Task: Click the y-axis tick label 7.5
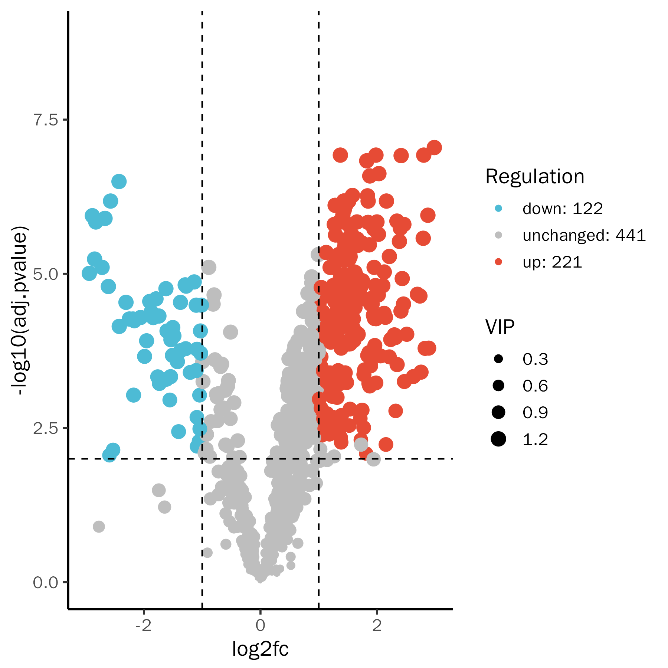46,120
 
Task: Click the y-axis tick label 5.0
46,274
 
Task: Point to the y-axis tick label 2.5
46,428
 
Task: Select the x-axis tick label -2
143,626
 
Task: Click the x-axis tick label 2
377,626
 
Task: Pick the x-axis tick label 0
260,626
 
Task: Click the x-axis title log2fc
260,649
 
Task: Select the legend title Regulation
535,176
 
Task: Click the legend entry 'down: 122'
563,209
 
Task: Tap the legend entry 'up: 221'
552,262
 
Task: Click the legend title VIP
500,327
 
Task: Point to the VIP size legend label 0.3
535,359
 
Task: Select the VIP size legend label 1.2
535,439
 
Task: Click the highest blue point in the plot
119,181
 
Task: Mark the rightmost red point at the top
434,147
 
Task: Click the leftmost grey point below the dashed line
99,526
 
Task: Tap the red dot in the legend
498,262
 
